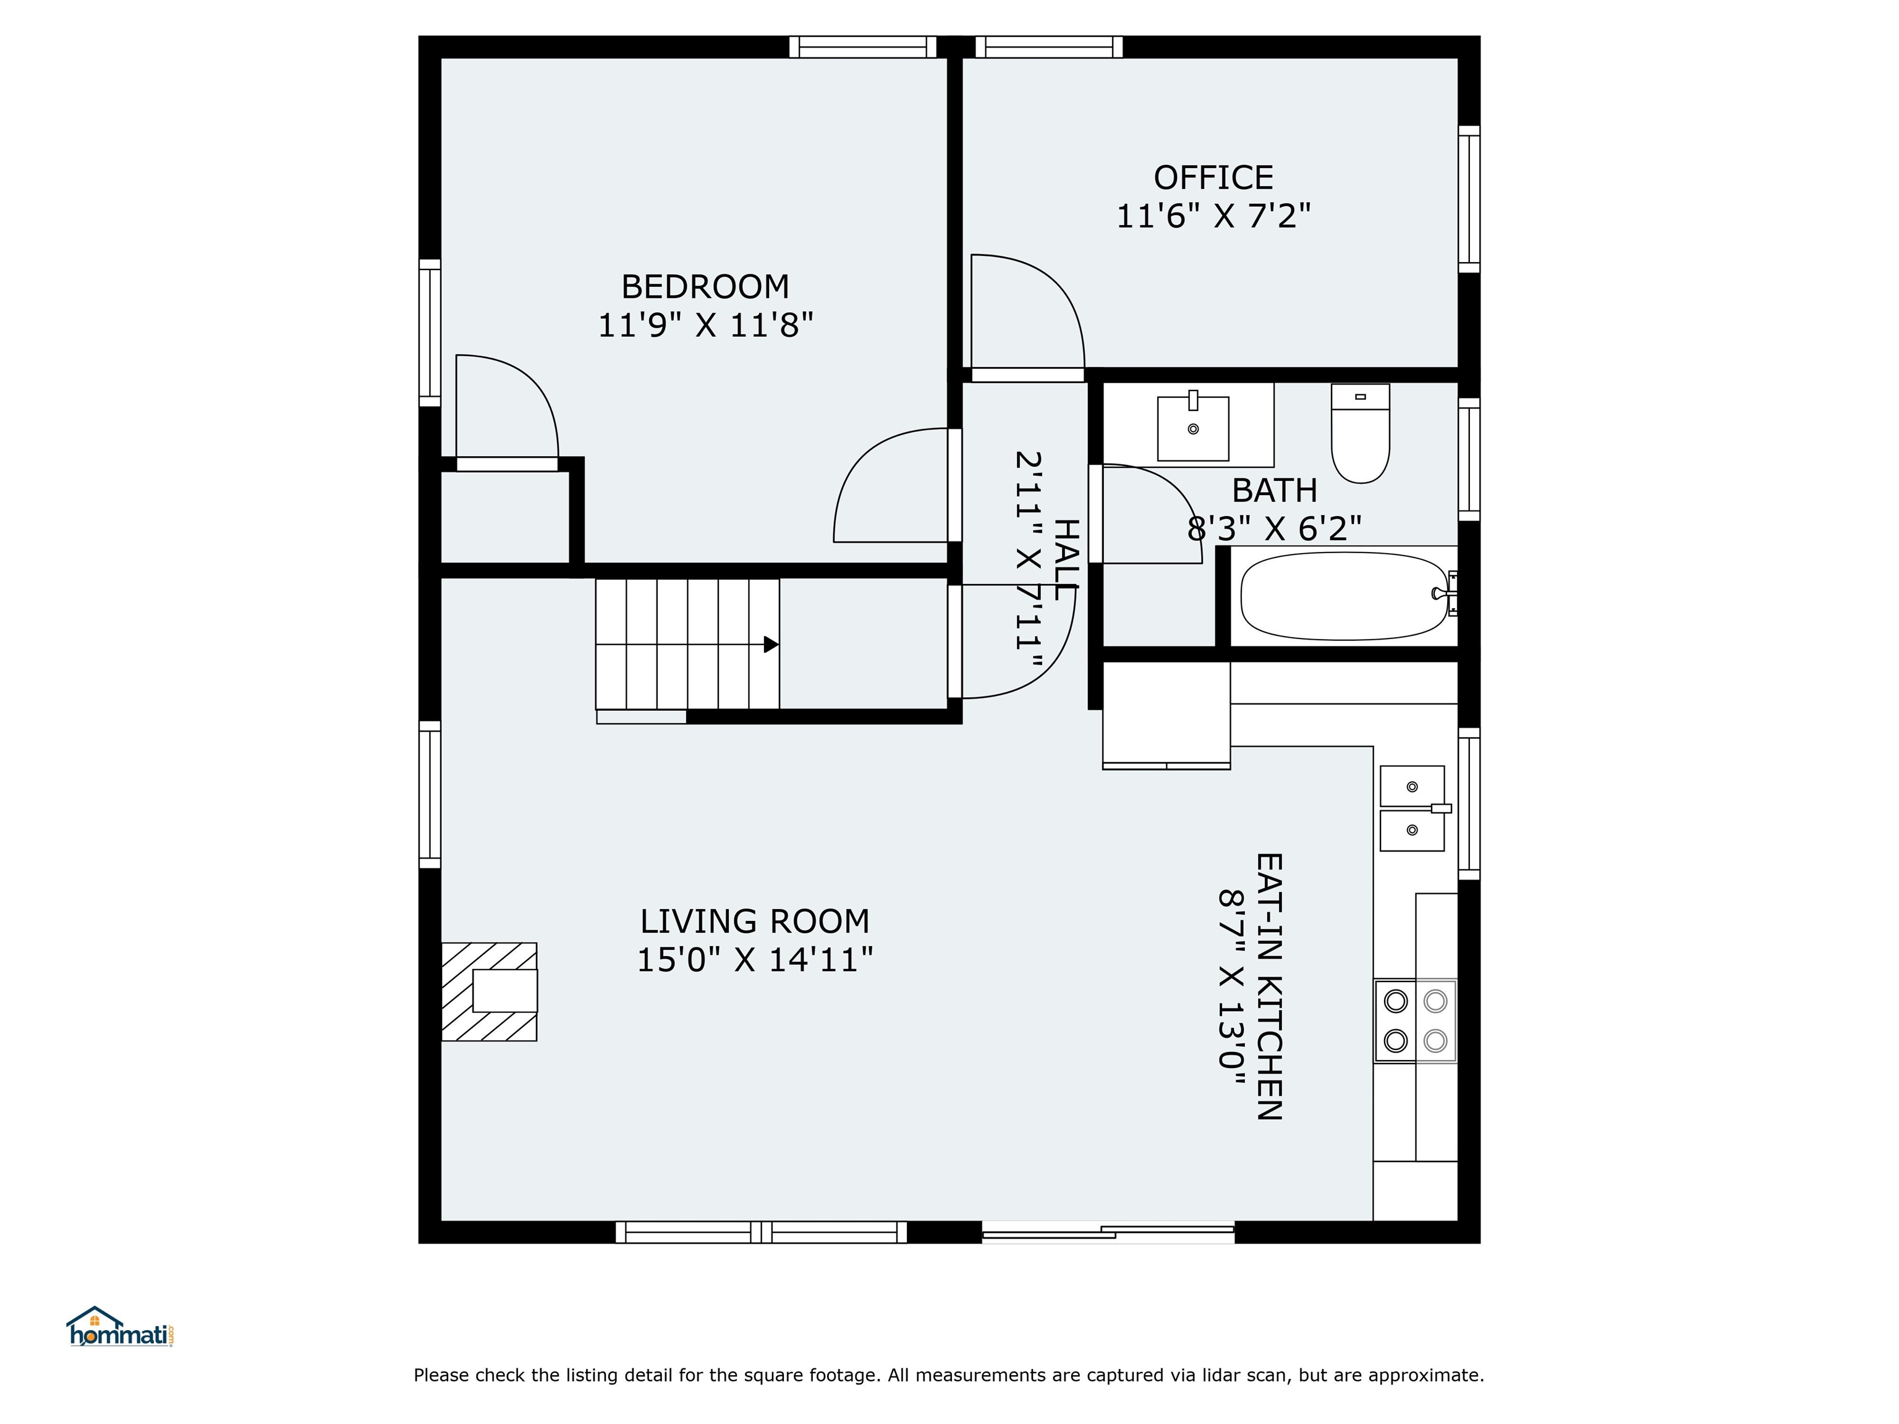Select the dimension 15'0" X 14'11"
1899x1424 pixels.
755,960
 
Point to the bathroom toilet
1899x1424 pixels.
1360,433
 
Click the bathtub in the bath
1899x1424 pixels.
1345,596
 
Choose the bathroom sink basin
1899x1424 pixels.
1192,428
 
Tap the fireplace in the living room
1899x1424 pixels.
490,992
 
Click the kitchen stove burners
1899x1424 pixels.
1416,1020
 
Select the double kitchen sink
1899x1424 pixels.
1413,808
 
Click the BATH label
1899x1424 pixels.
1274,491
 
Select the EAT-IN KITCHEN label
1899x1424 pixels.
1269,986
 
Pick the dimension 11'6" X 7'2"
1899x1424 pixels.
1213,216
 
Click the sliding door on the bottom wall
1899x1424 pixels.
1108,1234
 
